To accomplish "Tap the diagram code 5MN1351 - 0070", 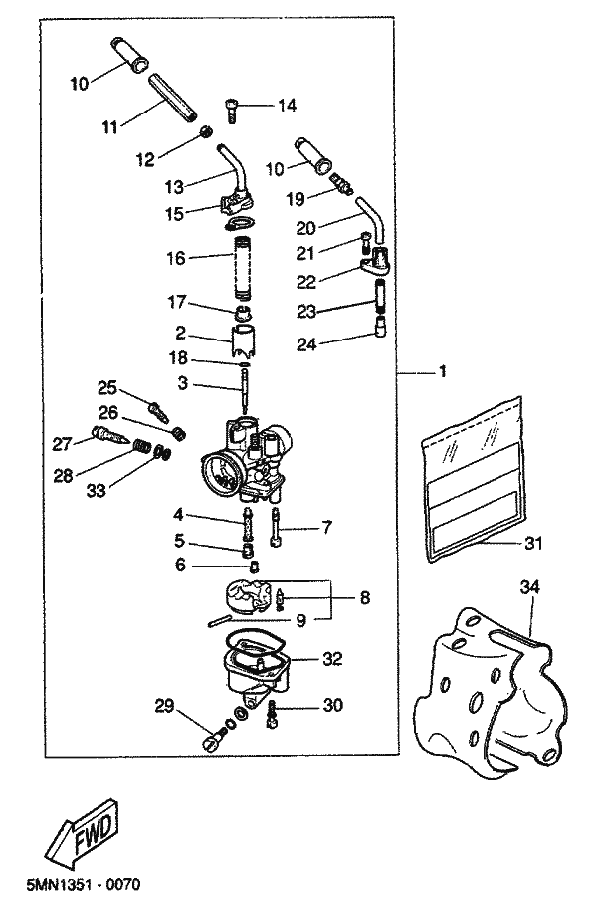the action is [84, 884].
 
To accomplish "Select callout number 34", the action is [529, 587].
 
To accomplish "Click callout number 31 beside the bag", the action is [533, 544].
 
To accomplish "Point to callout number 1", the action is [443, 371].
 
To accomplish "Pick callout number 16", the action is [176, 258].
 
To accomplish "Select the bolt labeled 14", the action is [231, 110].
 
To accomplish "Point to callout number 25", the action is [106, 387].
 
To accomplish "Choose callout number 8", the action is [365, 597].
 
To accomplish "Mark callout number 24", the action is [306, 344].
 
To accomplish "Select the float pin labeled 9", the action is [219, 621].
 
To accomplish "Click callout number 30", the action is [333, 705].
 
